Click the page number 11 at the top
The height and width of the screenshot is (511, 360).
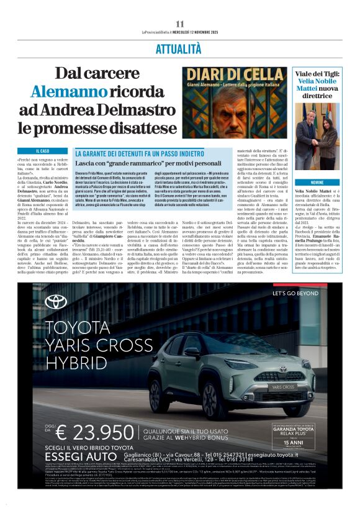179,24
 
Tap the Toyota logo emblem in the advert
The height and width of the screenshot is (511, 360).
56,302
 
